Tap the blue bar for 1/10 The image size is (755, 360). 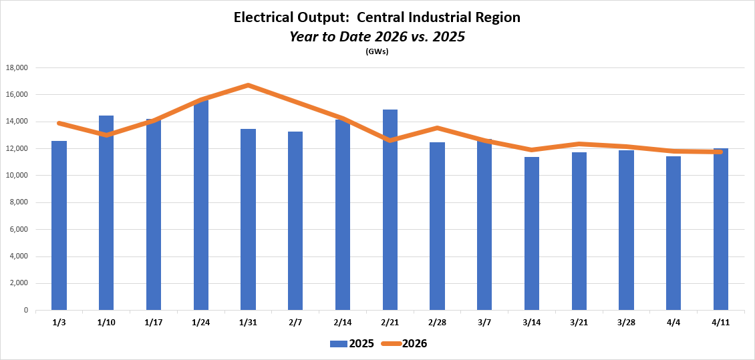click(x=106, y=214)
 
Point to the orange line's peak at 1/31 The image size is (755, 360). click(x=248, y=85)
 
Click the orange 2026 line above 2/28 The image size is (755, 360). click(x=437, y=128)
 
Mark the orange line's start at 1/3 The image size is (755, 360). click(x=59, y=124)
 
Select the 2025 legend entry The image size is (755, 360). click(x=351, y=344)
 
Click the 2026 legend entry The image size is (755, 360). click(x=405, y=344)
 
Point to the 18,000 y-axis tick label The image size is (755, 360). click(x=17, y=68)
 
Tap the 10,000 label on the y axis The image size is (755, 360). click(x=17, y=176)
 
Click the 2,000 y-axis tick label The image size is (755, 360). click(x=19, y=284)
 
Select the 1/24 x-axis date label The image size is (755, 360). click(x=200, y=322)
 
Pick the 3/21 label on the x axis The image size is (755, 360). click(x=579, y=322)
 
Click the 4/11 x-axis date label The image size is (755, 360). click(x=721, y=322)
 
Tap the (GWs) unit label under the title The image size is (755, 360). click(x=377, y=51)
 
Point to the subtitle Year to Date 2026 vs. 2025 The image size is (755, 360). click(x=377, y=37)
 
